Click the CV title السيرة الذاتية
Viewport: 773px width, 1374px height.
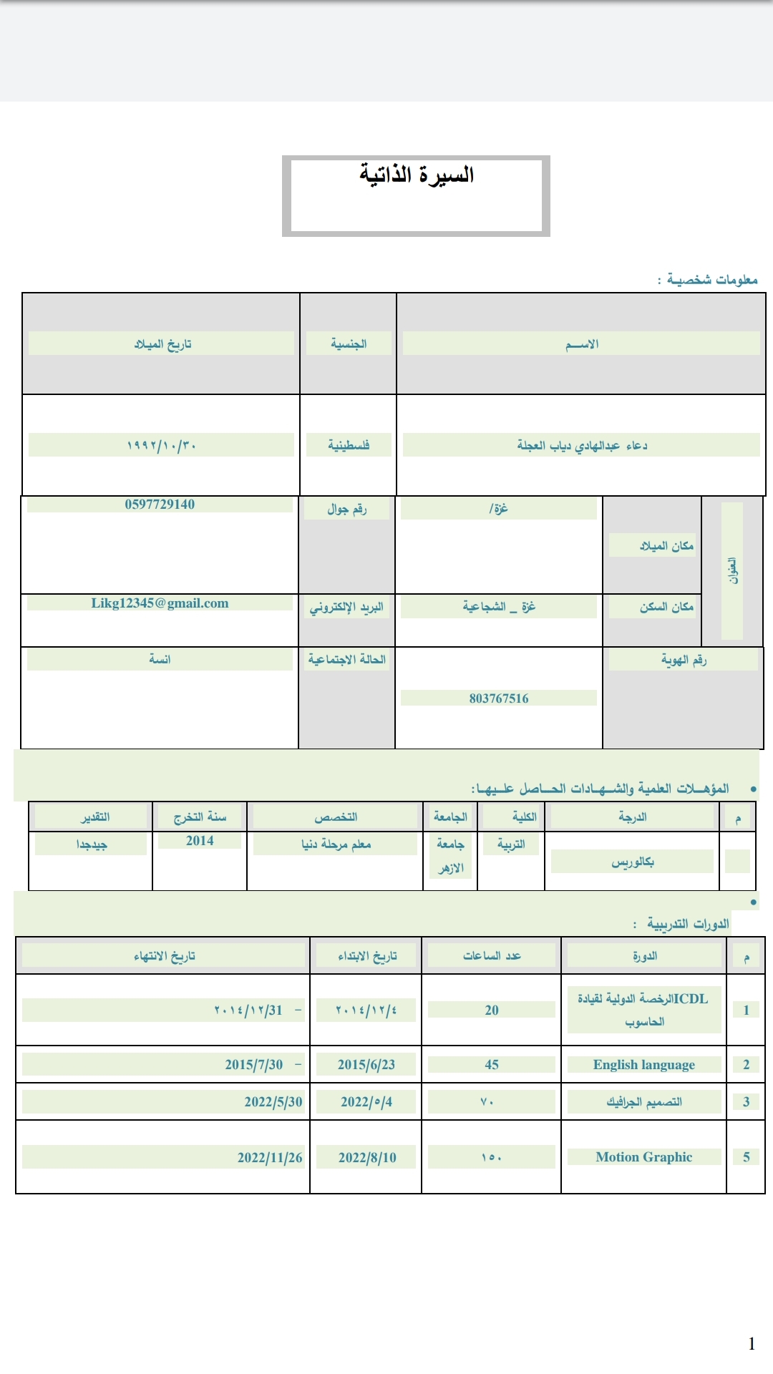(x=417, y=175)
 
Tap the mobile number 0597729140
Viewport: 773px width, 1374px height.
(x=160, y=505)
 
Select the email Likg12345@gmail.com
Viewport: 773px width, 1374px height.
(x=160, y=603)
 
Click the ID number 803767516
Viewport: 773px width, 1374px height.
(x=499, y=698)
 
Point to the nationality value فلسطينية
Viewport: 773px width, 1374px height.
(x=349, y=445)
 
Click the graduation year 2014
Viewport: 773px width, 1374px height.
(x=200, y=841)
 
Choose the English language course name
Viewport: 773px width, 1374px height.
(x=643, y=1065)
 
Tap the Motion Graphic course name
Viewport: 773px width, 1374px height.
(x=643, y=1157)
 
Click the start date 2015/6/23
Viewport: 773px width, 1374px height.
(x=366, y=1065)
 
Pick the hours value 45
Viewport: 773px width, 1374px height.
(x=492, y=1065)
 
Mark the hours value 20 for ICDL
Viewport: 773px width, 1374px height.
(x=492, y=1010)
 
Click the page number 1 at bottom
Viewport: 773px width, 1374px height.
(x=752, y=1343)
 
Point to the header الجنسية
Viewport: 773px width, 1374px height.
(x=349, y=344)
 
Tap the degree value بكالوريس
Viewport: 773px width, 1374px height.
(x=633, y=862)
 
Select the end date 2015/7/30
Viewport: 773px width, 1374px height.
(x=254, y=1065)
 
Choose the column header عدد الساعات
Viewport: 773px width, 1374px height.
(x=492, y=956)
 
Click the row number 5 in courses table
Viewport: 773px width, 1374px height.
(x=746, y=1157)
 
